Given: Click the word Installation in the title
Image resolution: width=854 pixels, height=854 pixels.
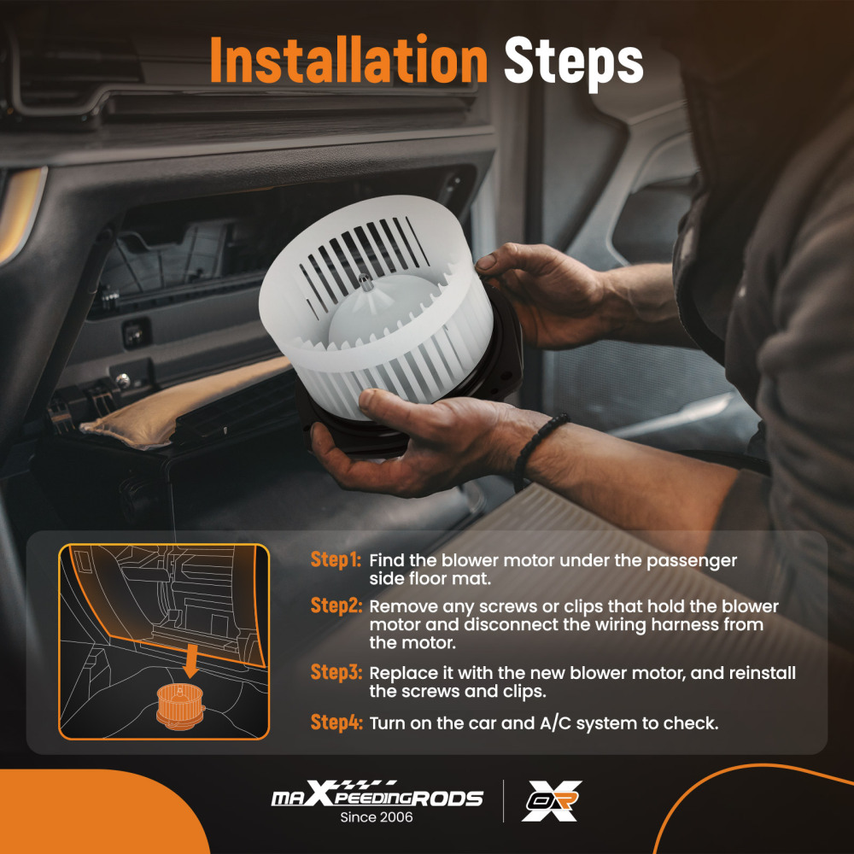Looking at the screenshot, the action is tap(348, 60).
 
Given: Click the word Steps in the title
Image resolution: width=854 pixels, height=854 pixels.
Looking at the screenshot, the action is tap(574, 62).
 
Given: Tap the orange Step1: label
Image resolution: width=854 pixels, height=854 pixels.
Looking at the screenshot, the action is tap(336, 560).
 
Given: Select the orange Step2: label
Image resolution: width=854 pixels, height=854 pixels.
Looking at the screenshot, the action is tap(336, 605).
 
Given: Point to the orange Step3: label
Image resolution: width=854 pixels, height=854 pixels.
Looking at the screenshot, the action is tap(336, 672).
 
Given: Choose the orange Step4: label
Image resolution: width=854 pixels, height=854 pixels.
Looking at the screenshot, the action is tap(336, 722).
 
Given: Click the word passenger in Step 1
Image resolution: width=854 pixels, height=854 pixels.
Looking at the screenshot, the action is tap(691, 562).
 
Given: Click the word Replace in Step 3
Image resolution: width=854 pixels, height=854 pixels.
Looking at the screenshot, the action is tap(404, 674).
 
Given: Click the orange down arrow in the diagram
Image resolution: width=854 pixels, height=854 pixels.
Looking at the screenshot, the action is tap(190, 659).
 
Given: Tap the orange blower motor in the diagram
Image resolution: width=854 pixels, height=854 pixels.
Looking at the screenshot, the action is tap(180, 706).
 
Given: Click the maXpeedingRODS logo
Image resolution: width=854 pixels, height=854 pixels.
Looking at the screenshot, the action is tap(377, 794).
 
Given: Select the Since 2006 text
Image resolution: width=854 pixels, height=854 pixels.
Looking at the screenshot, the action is tap(377, 817).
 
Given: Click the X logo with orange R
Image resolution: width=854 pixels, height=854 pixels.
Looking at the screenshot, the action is tap(551, 801).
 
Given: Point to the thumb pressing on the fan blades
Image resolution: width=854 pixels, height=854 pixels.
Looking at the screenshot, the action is tap(384, 404).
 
